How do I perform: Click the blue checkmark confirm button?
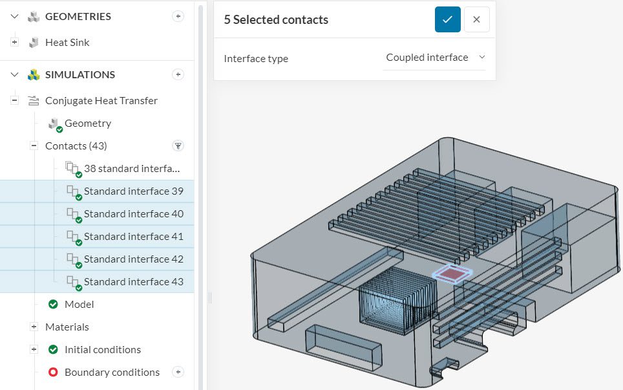pyautogui.click(x=447, y=19)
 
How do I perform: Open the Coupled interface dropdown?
pyautogui.click(x=434, y=58)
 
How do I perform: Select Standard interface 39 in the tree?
pyautogui.click(x=133, y=191)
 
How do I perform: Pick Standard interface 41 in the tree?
pyautogui.click(x=133, y=237)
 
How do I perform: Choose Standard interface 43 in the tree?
pyautogui.click(x=133, y=282)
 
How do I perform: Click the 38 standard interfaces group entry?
pyautogui.click(x=131, y=169)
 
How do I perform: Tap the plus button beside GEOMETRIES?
pyautogui.click(x=178, y=17)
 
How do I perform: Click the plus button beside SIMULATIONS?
pyautogui.click(x=178, y=75)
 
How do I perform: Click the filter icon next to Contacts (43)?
pyautogui.click(x=178, y=146)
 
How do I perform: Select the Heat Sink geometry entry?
pyautogui.click(x=67, y=43)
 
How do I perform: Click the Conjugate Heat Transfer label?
pyautogui.click(x=101, y=101)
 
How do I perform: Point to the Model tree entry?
pyautogui.click(x=79, y=305)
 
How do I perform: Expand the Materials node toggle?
pyautogui.click(x=34, y=327)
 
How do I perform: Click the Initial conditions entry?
pyautogui.click(x=102, y=350)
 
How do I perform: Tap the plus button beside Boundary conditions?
pyautogui.click(x=178, y=373)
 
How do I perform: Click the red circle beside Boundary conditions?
pyautogui.click(x=53, y=373)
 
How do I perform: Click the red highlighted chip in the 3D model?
pyautogui.click(x=453, y=274)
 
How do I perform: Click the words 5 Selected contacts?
pyautogui.click(x=276, y=20)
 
